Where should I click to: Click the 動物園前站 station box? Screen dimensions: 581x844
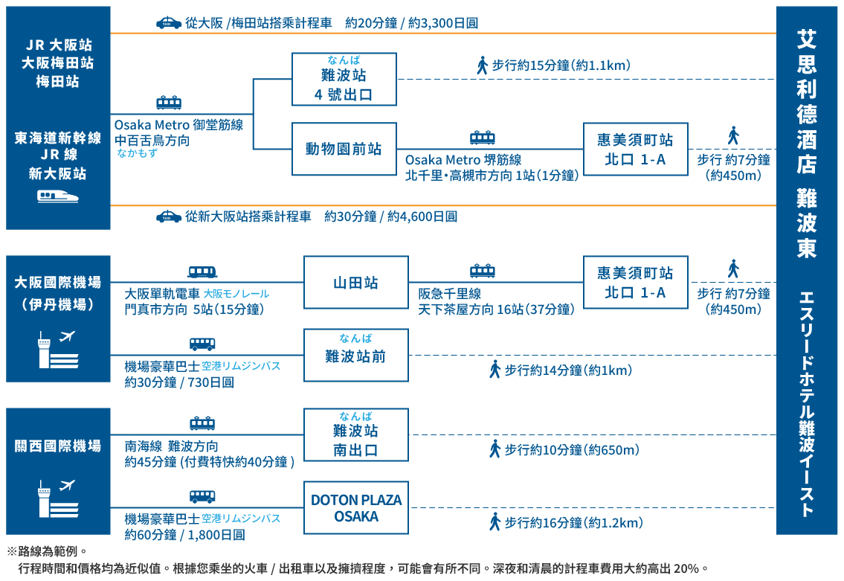[344, 149]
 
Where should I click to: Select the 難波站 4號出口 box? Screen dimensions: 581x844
[344, 79]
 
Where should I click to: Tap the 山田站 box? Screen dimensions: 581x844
[355, 283]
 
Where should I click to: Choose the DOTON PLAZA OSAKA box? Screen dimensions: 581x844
[355, 508]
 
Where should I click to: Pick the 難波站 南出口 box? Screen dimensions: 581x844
[355, 434]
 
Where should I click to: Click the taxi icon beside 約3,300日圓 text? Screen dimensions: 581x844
[169, 23]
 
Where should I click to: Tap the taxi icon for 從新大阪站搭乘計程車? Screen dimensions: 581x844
[169, 216]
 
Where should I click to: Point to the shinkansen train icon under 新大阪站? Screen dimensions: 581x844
[58, 197]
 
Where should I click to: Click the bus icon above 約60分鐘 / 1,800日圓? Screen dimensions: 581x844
[202, 496]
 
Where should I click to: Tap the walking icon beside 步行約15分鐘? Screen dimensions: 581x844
[482, 65]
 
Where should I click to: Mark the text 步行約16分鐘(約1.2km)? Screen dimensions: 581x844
[573, 523]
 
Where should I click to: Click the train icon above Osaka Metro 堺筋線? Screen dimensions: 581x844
[483, 138]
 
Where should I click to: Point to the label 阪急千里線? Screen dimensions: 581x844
[449, 295]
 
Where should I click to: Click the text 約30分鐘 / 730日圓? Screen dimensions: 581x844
[179, 382]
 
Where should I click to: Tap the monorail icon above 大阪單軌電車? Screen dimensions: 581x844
[202, 272]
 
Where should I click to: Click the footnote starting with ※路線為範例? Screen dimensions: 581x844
[48, 552]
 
